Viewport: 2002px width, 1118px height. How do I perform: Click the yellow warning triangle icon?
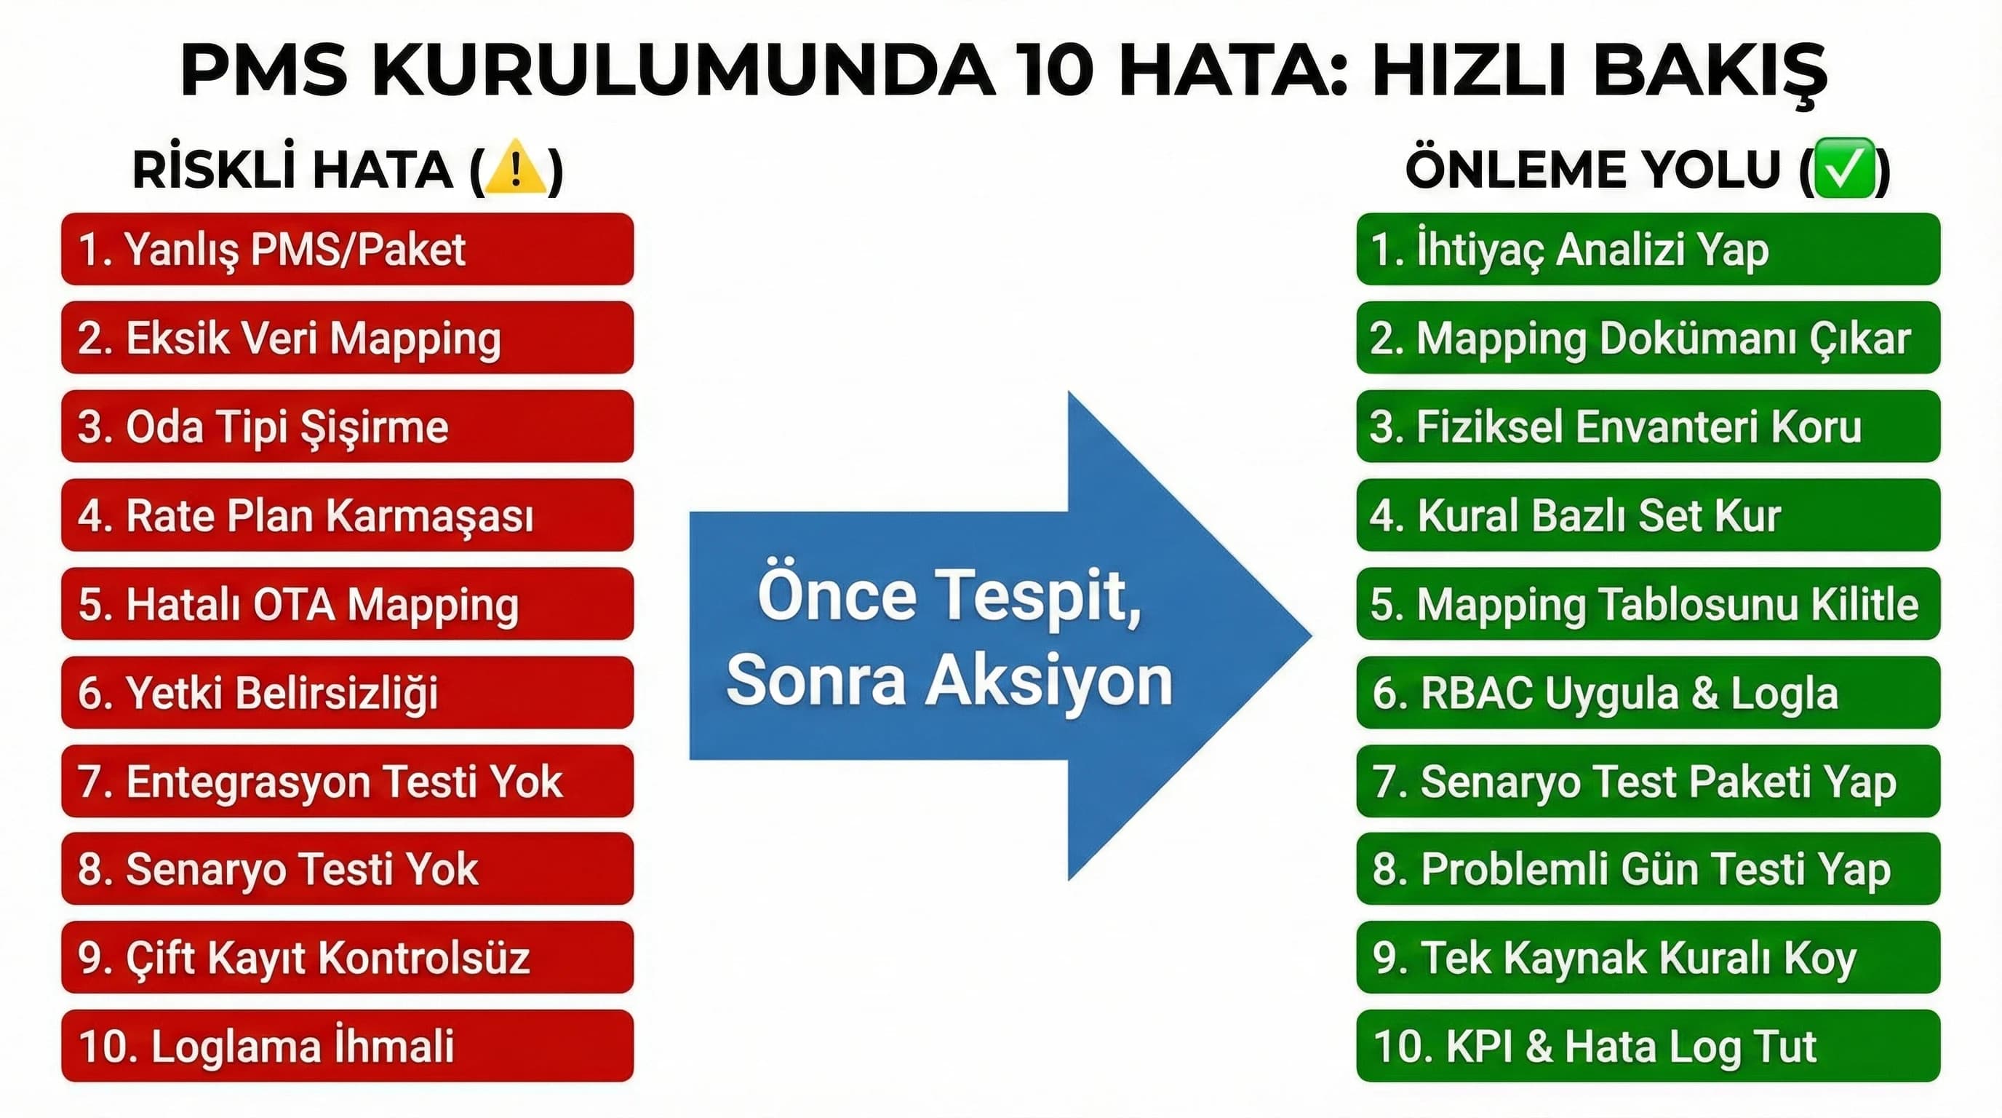(514, 168)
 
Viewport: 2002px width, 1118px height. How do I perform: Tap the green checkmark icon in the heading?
(1844, 168)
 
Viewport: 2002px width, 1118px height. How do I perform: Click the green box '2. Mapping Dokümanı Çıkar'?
(1648, 338)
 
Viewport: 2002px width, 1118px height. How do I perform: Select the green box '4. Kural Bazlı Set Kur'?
(1648, 515)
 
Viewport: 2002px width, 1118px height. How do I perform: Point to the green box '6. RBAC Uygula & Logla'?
(1648, 693)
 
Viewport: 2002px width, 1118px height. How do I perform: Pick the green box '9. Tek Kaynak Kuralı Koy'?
(1648, 957)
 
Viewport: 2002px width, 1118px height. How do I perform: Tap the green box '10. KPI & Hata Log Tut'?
(1648, 1046)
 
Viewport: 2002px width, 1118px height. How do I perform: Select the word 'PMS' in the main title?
(264, 70)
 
